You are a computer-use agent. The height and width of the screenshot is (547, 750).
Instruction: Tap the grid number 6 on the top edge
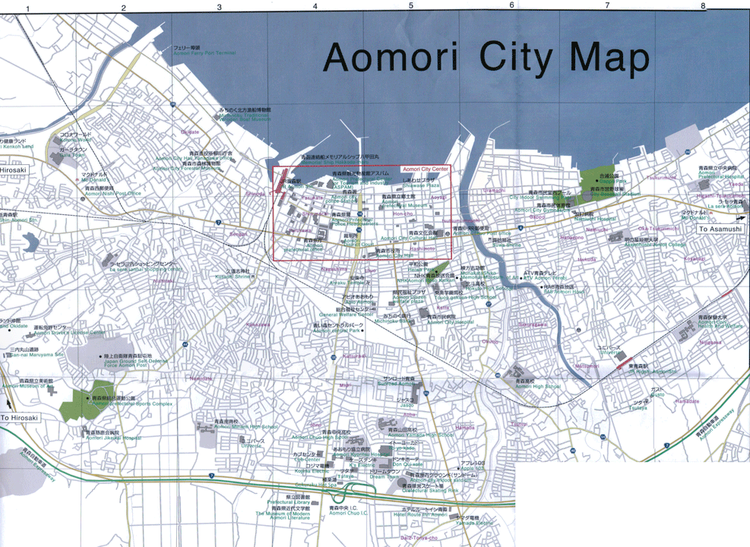[x=511, y=6]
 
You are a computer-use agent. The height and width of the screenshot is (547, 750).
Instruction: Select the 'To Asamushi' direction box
[x=719, y=229]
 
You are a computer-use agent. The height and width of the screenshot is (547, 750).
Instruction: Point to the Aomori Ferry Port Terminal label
[x=204, y=53]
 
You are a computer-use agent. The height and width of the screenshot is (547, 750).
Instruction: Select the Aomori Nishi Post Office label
[x=114, y=193]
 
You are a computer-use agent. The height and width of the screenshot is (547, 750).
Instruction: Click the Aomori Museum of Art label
[x=30, y=386]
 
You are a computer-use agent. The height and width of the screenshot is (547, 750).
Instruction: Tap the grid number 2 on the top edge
[x=123, y=8]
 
